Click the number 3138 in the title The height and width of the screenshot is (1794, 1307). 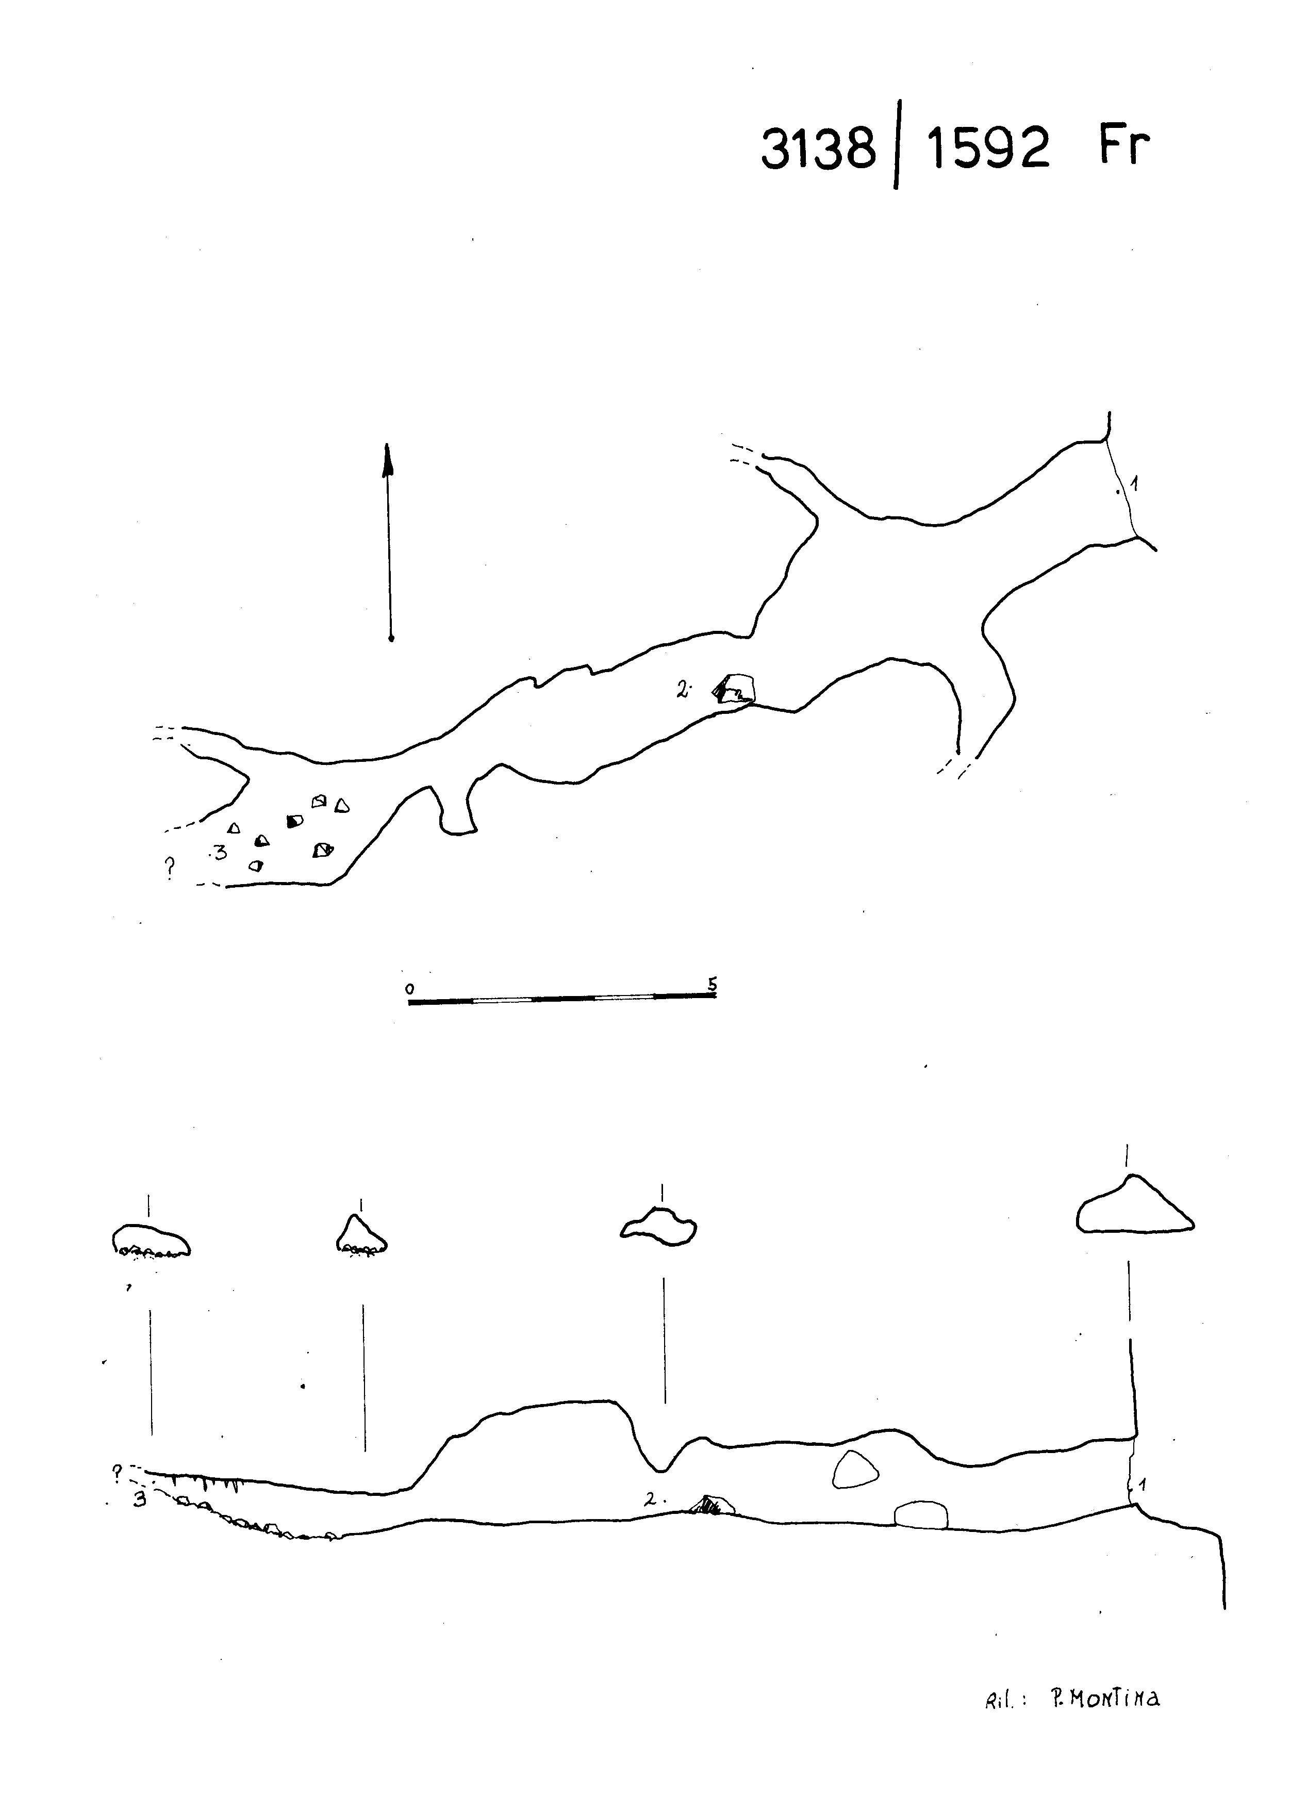[x=818, y=149]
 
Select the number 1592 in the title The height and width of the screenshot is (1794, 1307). [x=989, y=149]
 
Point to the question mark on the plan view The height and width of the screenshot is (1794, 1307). [x=169, y=867]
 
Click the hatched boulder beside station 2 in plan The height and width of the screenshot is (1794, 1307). [x=733, y=689]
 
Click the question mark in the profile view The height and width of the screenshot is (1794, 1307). [x=117, y=1473]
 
